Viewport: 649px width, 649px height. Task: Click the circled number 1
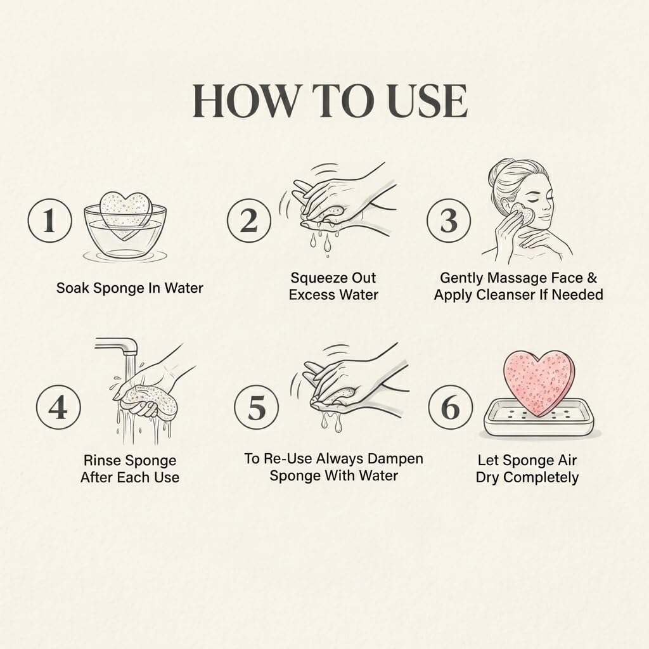[x=49, y=221]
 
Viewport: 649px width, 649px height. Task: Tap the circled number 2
[x=249, y=221]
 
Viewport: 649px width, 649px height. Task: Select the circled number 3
[x=449, y=221]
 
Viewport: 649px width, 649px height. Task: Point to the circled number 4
[x=58, y=407]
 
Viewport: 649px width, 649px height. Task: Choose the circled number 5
[x=257, y=407]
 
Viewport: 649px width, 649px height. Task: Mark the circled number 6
[x=451, y=407]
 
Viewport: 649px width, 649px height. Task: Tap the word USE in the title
[x=428, y=101]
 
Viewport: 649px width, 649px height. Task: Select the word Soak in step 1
[x=73, y=288]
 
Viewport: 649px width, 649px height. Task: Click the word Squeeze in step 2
[x=315, y=278]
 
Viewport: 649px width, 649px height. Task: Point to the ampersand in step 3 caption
[x=592, y=278]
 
